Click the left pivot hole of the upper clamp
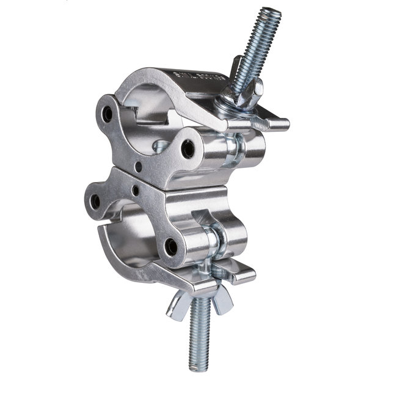click(108, 114)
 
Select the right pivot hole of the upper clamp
click(188, 148)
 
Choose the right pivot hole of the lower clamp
click(172, 246)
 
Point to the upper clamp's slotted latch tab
click(269, 124)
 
